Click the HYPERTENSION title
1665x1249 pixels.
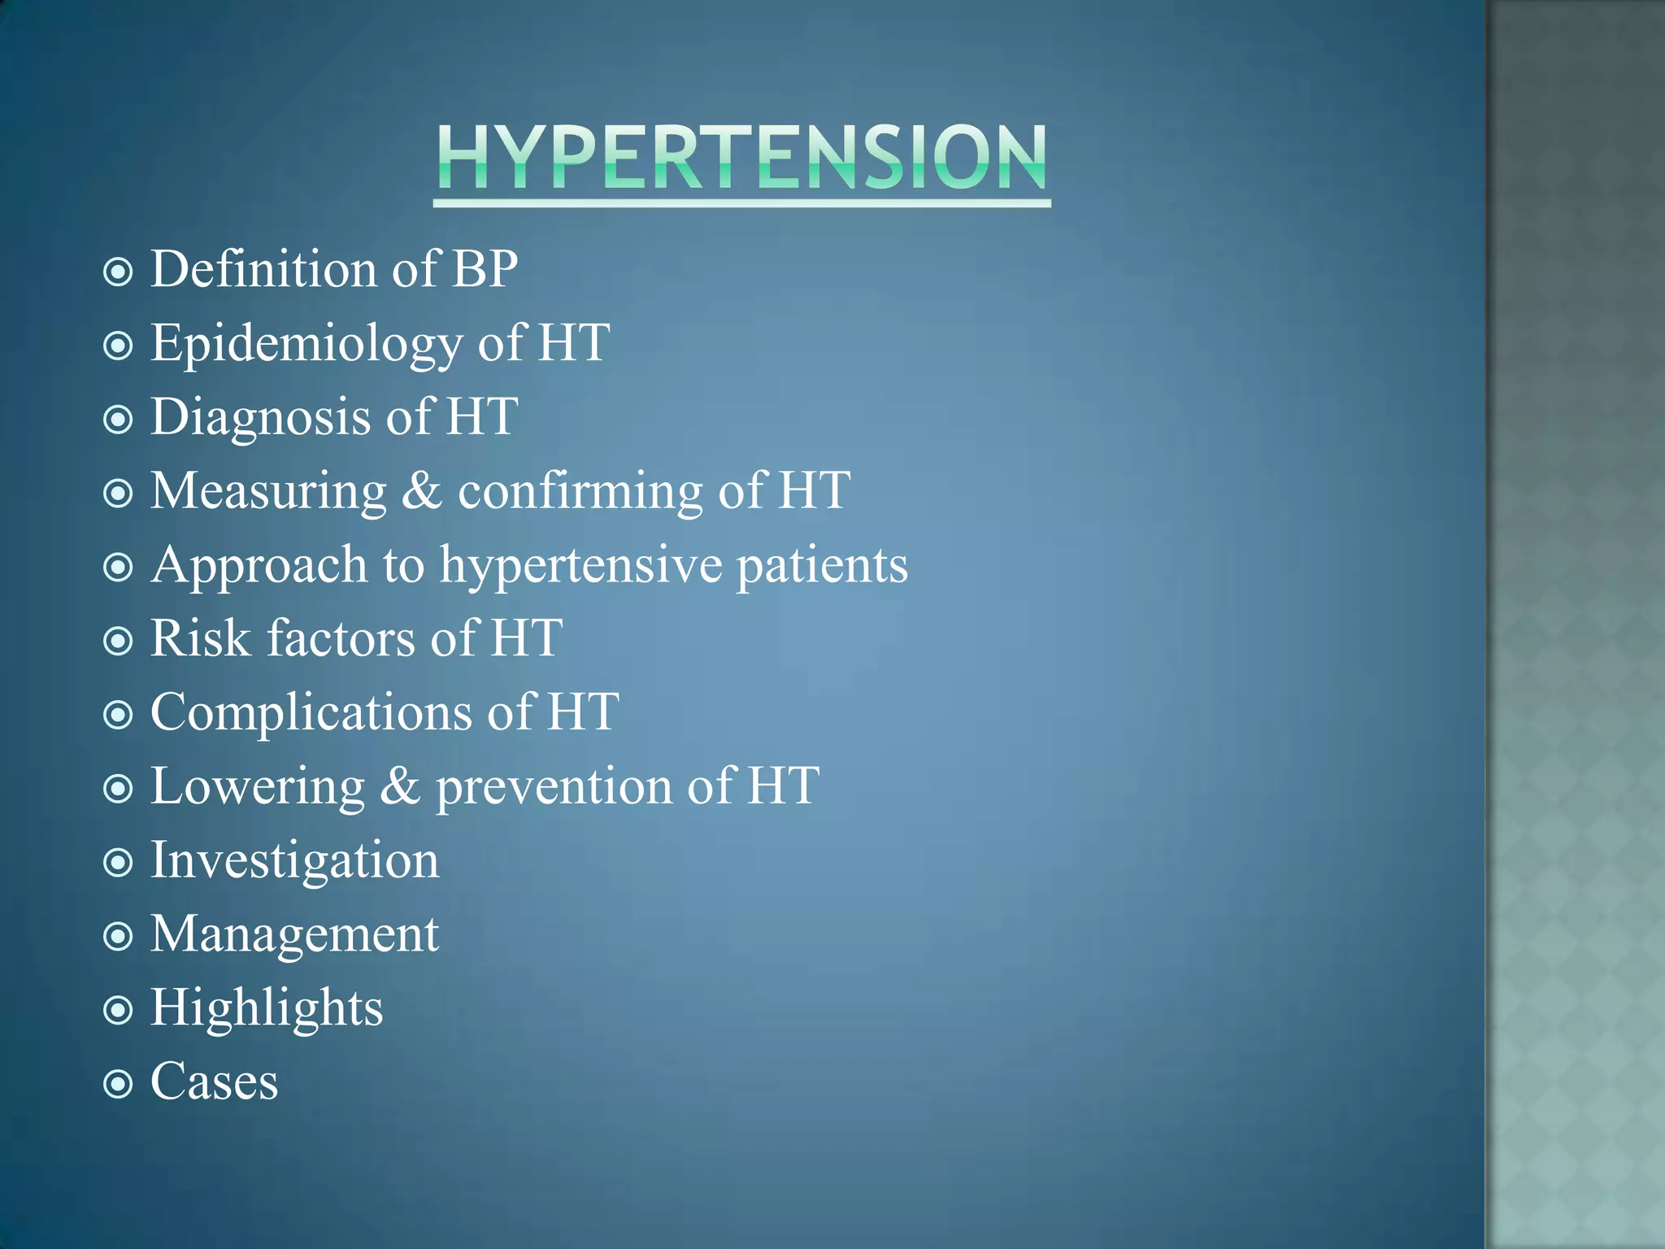click(x=741, y=159)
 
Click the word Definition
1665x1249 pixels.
click(x=263, y=269)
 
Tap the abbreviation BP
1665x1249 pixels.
click(x=485, y=269)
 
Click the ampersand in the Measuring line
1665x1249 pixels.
click(x=422, y=491)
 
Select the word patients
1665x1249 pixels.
click(x=822, y=565)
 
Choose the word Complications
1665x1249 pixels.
click(x=311, y=713)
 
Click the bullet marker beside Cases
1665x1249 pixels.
click(x=119, y=1083)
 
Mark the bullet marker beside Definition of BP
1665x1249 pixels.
click(x=119, y=272)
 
